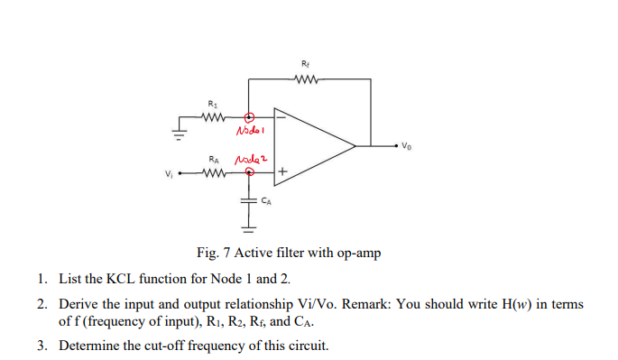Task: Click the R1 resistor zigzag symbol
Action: point(212,115)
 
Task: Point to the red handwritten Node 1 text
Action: point(248,131)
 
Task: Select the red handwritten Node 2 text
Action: point(247,160)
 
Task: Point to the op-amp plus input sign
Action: point(282,171)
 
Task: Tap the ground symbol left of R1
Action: point(180,134)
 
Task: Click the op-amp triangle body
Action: point(311,143)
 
